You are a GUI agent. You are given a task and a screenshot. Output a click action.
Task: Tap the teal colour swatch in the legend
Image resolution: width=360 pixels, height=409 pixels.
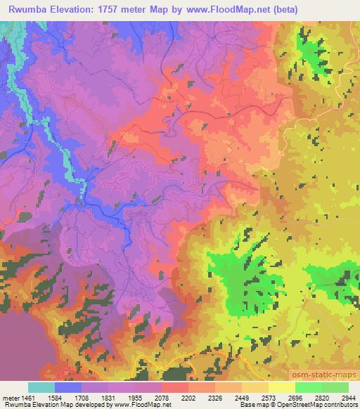[x=41, y=387]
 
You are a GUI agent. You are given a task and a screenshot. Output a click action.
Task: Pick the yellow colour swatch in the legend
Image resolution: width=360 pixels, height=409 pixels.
[x=281, y=387]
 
